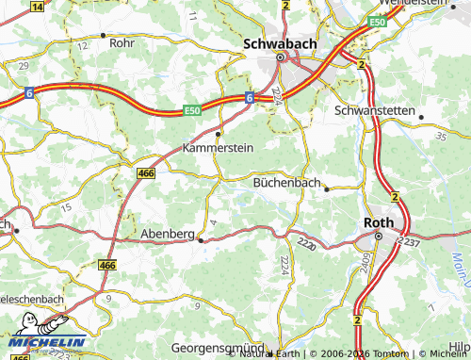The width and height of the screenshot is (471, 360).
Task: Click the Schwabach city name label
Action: pos(280,42)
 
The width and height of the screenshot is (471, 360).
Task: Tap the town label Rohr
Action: pos(121,42)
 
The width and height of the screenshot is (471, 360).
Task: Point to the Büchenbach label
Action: pos(287,183)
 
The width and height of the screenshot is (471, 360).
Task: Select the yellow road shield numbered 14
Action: pos(37,6)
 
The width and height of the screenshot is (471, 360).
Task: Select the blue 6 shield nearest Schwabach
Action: pos(250,97)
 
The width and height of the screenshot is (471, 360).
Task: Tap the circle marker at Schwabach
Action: pos(280,58)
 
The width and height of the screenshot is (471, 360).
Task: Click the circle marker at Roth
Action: pos(377,236)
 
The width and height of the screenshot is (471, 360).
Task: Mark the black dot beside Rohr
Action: pos(91,41)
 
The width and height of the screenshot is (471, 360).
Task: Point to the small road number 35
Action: pos(440,137)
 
